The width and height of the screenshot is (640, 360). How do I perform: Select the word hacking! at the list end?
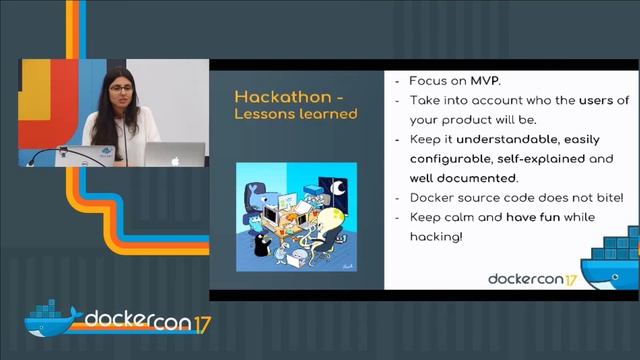coord(441,236)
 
